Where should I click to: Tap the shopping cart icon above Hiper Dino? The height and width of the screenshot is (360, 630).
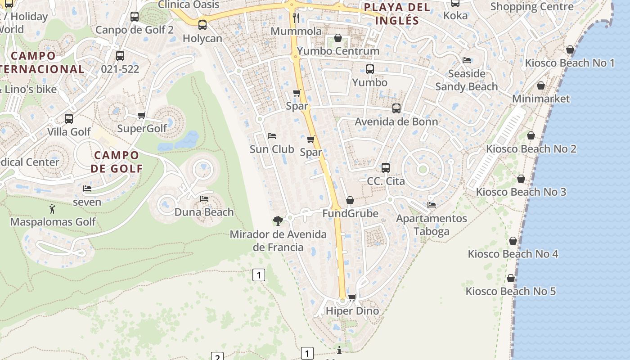point(352,297)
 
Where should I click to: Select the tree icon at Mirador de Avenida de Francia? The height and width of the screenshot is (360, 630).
point(278,220)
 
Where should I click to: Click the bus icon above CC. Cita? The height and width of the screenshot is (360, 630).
point(386,168)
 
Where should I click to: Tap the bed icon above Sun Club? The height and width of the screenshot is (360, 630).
point(272,135)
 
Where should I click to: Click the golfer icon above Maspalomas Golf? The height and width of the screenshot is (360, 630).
point(53,209)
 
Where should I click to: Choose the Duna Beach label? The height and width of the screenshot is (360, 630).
point(204,212)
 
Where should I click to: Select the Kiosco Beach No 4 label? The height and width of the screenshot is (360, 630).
point(513,254)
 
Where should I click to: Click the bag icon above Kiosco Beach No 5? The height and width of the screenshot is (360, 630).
point(511,278)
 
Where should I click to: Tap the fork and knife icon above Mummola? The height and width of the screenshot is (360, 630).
point(296,18)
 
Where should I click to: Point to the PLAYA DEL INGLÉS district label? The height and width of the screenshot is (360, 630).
point(397,13)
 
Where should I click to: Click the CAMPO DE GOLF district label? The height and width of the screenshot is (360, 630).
point(117,162)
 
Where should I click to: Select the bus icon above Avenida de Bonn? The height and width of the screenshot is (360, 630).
point(396,108)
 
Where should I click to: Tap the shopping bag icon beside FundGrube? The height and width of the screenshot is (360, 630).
point(350,200)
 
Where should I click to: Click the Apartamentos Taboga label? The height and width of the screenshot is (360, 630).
point(432,225)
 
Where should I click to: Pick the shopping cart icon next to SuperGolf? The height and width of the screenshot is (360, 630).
point(142,116)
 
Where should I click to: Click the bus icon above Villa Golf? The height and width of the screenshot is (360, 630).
point(69,119)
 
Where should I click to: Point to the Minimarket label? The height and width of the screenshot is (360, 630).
point(541,99)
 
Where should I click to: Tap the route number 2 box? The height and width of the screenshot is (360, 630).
point(217,357)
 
